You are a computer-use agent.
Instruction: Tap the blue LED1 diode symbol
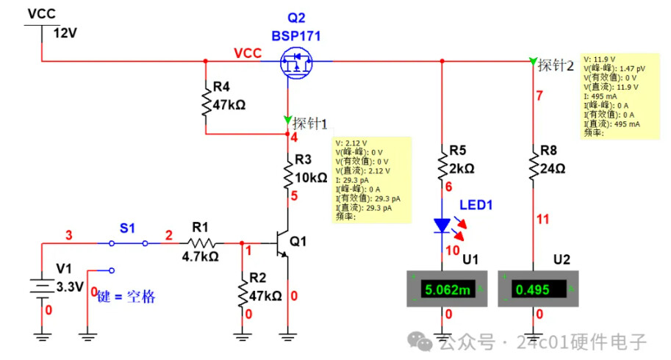442,226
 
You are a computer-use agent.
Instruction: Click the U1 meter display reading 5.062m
442,289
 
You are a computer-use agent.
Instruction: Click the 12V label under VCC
64,32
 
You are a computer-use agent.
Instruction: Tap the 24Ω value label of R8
554,168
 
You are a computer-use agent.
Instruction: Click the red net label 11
542,219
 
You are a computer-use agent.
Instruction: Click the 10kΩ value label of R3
310,177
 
